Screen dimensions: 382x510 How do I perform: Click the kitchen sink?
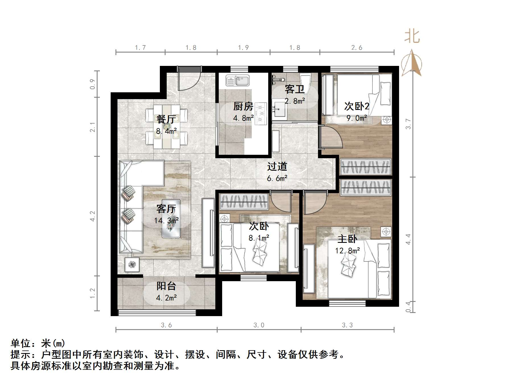[238, 80]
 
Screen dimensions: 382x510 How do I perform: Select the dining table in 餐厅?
[167, 126]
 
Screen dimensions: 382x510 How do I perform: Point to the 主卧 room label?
[347, 239]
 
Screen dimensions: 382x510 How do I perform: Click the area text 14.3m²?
[166, 220]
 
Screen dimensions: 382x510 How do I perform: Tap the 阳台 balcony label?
[166, 286]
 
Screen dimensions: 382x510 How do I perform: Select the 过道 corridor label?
[277, 166]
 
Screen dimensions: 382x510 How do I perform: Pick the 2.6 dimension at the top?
[357, 48]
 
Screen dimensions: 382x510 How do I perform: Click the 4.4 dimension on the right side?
[408, 239]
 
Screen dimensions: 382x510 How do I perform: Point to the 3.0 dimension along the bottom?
[259, 325]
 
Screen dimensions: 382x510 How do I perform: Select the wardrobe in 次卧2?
[366, 167]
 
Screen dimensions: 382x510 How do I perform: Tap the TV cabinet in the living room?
[208, 233]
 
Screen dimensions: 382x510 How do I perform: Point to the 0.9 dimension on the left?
[93, 84]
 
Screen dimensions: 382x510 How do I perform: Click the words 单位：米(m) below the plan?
[38, 343]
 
